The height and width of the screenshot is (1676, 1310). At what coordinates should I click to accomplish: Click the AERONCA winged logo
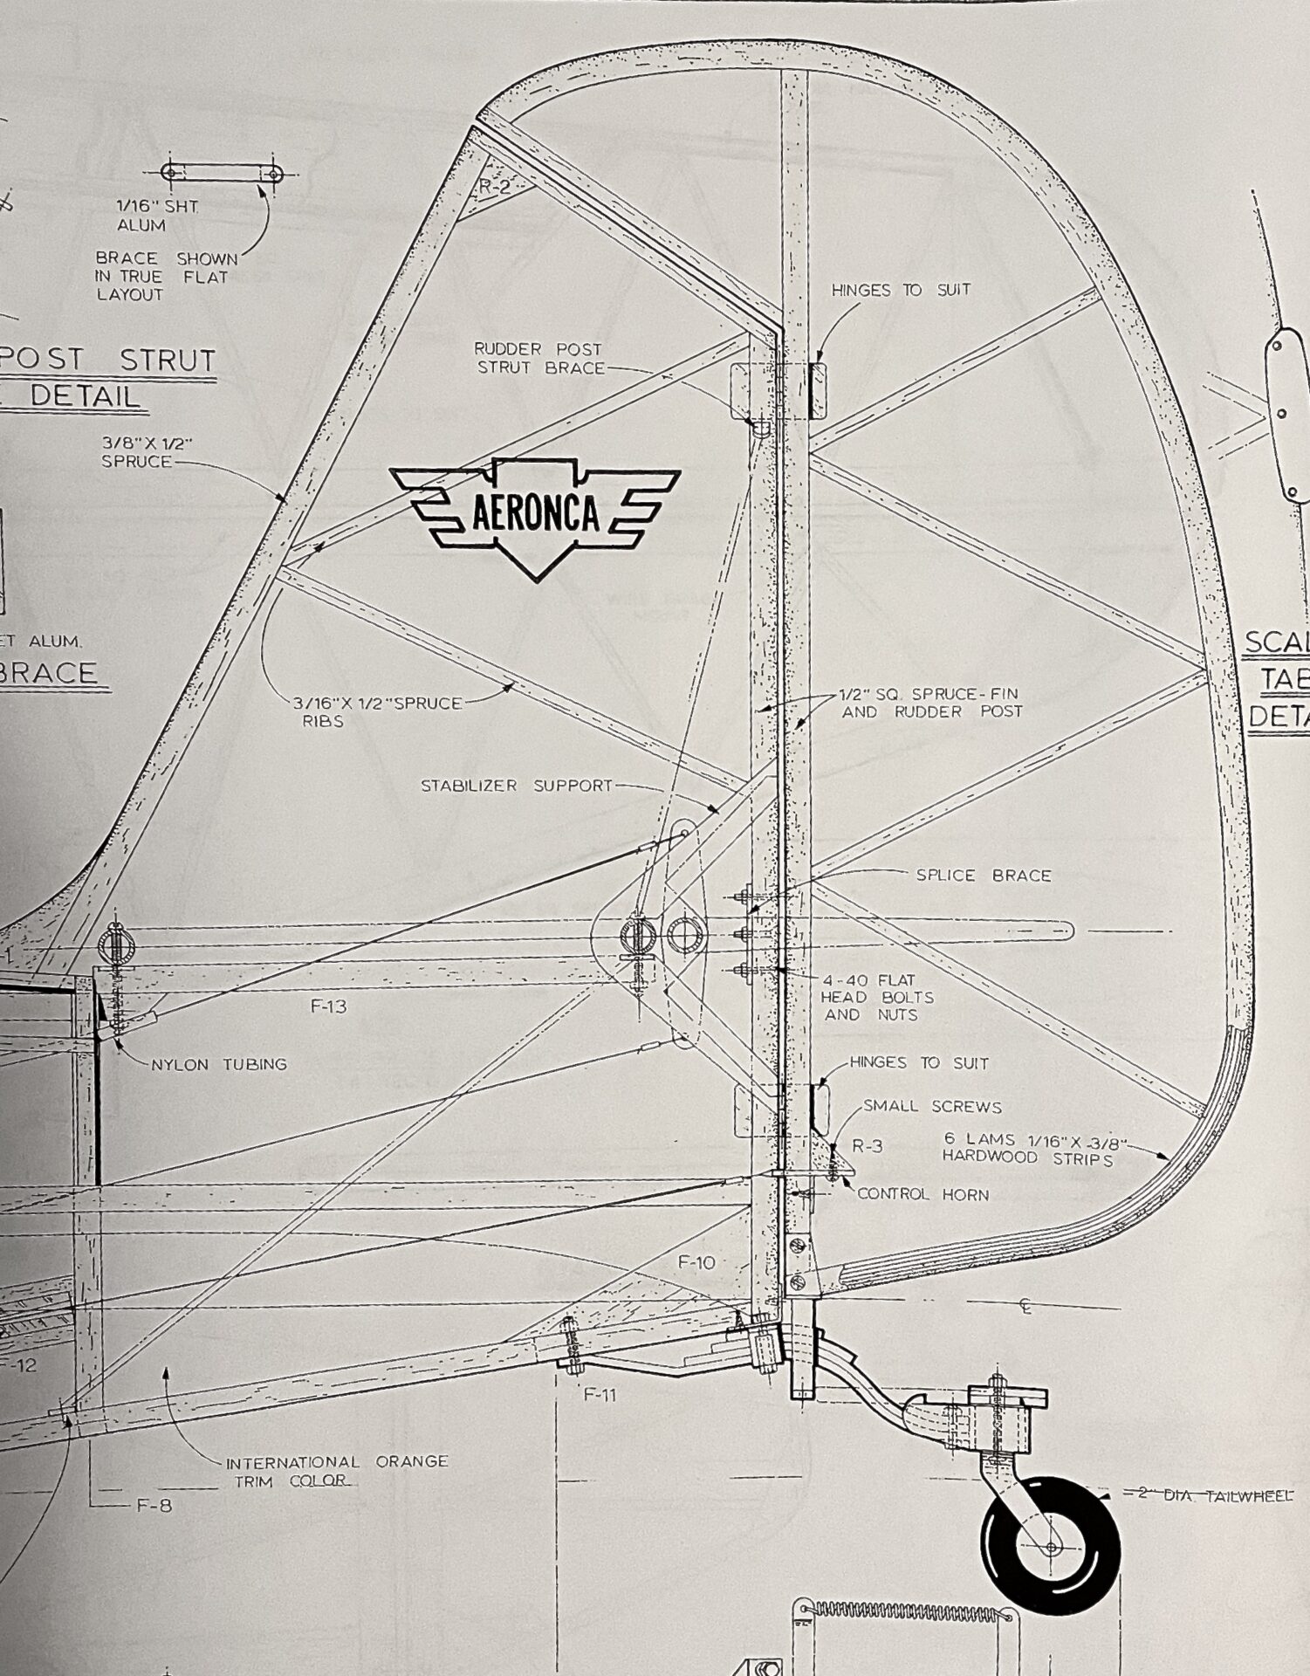point(535,514)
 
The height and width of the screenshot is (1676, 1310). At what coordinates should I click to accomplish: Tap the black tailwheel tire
point(1050,1546)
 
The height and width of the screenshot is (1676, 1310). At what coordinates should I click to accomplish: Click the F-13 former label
point(328,1006)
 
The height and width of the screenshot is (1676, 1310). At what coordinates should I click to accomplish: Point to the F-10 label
point(696,1262)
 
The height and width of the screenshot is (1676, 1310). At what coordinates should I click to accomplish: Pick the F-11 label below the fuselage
point(600,1395)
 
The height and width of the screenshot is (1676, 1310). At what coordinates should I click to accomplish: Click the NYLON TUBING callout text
point(219,1064)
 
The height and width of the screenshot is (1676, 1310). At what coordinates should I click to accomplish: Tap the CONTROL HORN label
point(923,1194)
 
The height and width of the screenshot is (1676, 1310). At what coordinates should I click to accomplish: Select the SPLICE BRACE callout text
point(983,875)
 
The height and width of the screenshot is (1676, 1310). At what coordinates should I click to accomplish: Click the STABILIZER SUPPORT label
point(517,786)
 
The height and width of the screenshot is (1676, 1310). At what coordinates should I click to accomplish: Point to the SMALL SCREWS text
point(932,1106)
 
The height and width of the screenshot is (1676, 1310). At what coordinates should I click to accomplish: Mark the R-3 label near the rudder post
point(867,1146)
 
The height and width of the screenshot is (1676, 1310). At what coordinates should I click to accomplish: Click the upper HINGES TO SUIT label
point(901,290)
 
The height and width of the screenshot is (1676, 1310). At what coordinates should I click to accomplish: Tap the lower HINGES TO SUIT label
point(919,1063)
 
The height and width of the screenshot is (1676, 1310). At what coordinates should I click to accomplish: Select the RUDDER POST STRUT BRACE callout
point(539,358)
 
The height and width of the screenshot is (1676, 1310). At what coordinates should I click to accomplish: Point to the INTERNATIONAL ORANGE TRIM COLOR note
point(336,1471)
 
